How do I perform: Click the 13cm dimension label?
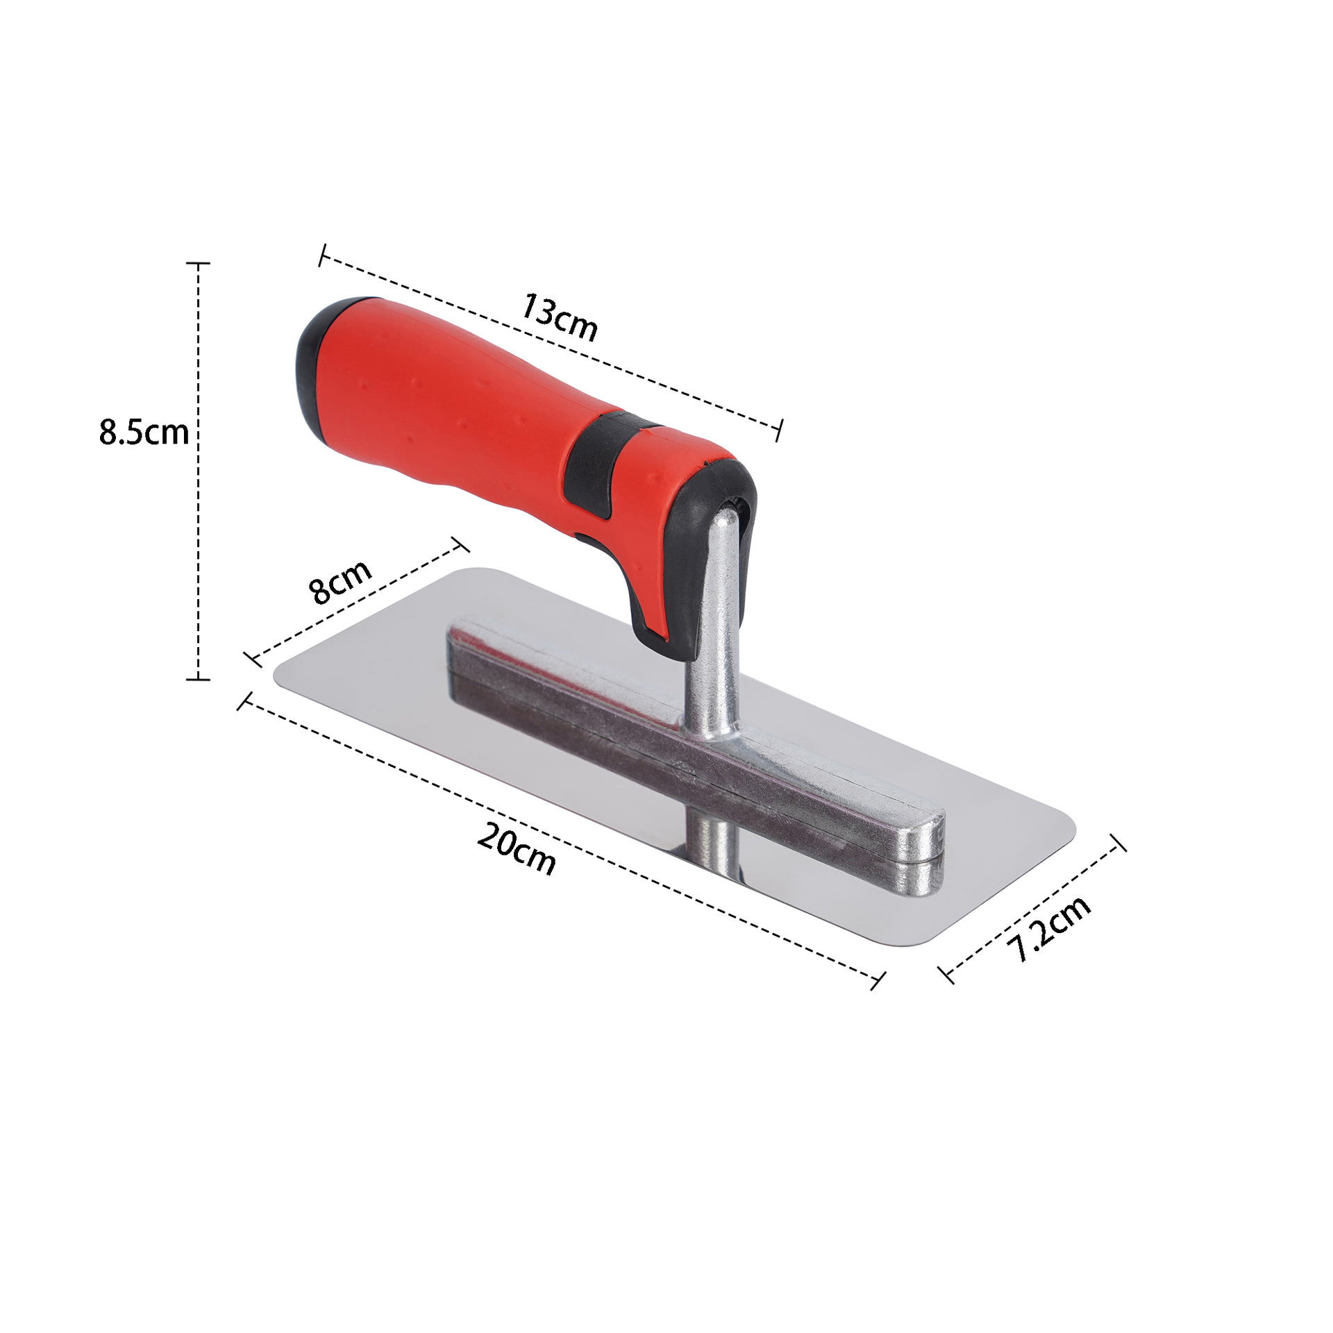559,318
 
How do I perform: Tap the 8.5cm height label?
144,432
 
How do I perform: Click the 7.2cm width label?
1050,928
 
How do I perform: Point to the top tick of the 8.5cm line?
199,264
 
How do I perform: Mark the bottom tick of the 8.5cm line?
199,679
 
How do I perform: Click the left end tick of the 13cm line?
322,255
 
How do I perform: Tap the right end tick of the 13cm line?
780,430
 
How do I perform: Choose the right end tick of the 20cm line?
878,980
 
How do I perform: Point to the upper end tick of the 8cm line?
460,544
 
